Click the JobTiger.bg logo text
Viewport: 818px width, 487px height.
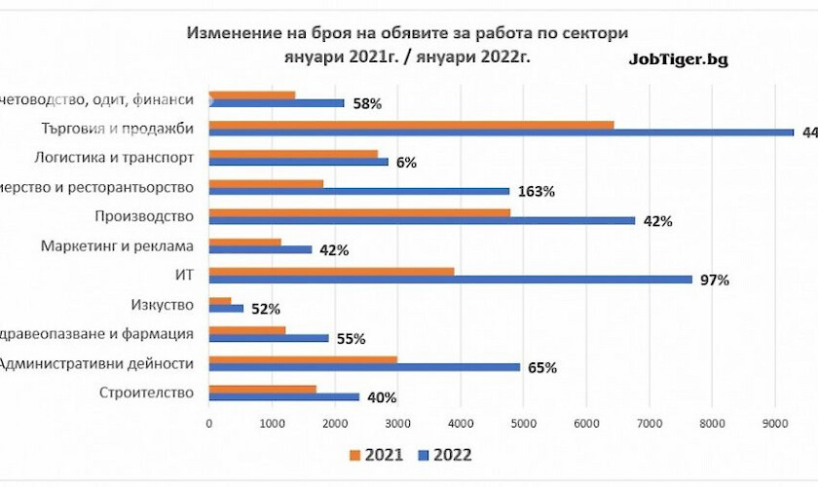679,58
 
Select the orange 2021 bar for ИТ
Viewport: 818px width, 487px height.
331,271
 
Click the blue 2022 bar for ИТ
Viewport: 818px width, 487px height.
450,280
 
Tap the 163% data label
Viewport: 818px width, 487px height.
537,192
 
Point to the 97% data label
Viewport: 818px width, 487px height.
716,280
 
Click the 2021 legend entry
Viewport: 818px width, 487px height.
380,455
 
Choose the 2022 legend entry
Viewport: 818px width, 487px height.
444,455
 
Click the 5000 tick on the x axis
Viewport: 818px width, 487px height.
523,422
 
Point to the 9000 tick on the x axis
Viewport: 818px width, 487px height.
774,422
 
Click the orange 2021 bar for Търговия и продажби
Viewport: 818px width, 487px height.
411,125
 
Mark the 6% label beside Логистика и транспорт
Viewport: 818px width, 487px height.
406,163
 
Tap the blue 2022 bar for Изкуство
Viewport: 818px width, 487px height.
226,309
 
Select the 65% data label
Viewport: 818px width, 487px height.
542,368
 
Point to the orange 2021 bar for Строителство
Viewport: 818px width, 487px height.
262,390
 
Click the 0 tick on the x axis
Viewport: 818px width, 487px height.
209,422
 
